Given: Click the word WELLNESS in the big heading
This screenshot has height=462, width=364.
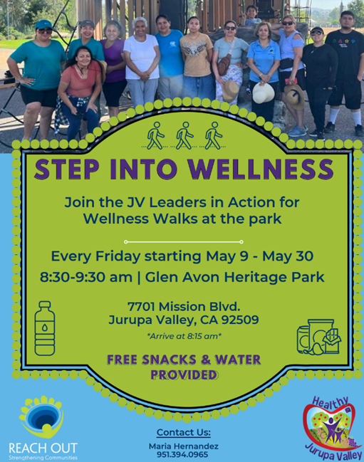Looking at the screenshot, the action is tap(261, 169).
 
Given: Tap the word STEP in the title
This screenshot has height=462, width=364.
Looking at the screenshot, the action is tap(67, 169).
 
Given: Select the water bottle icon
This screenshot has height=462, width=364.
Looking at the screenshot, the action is tap(45, 328).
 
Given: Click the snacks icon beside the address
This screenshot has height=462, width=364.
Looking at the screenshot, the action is tap(319, 337).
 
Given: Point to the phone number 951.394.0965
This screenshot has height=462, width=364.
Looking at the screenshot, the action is tap(182, 455).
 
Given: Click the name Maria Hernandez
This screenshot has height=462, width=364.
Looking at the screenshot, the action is tap(183, 446).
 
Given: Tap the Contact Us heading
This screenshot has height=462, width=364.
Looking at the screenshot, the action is tap(184, 432).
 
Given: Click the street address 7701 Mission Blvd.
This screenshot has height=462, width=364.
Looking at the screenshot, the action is tap(184, 307).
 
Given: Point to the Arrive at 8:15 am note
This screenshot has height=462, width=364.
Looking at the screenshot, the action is tap(184, 336).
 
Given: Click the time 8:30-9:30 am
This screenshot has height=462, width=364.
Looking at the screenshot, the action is tap(86, 277).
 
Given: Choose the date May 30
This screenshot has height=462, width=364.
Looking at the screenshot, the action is tap(288, 256).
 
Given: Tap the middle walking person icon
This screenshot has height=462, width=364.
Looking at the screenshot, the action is tap(184, 135).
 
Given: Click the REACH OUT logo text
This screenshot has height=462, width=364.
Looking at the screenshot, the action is tap(43, 448).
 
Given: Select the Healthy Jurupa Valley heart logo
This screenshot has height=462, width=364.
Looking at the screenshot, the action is tap(332, 428).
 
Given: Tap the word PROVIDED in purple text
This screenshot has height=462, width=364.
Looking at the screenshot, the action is tap(184, 374).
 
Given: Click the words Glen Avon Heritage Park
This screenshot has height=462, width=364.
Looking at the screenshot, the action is tap(234, 277).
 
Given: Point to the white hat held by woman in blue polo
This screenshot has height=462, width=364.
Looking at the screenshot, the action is tap(263, 93).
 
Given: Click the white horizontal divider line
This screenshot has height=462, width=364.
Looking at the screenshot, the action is tap(184, 242).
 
